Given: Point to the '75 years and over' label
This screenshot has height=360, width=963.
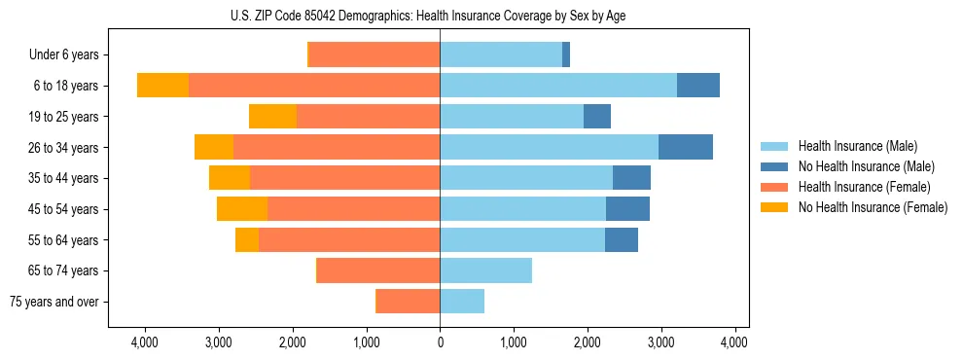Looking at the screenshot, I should (54, 302).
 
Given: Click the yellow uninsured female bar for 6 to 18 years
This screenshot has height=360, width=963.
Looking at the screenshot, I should (162, 86).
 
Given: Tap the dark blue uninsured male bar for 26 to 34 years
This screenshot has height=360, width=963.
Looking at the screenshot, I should (686, 147).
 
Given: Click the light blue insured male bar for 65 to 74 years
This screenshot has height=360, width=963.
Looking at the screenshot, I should (485, 270).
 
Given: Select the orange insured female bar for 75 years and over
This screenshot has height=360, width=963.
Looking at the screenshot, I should (408, 302).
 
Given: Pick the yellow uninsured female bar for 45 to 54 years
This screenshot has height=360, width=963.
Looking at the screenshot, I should (242, 209).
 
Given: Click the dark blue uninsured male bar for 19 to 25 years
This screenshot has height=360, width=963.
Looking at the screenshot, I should (597, 117).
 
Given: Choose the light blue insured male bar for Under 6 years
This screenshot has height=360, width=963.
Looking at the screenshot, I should (501, 55).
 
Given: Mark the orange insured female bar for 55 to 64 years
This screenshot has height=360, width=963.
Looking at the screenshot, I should (349, 240).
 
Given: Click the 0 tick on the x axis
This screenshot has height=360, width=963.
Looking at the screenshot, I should (440, 342).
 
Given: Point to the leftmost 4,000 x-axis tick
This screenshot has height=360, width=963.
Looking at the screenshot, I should (145, 342).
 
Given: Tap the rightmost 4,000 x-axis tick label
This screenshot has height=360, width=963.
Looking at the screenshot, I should (734, 342).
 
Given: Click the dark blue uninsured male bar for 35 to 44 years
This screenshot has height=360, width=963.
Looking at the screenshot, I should (631, 178).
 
